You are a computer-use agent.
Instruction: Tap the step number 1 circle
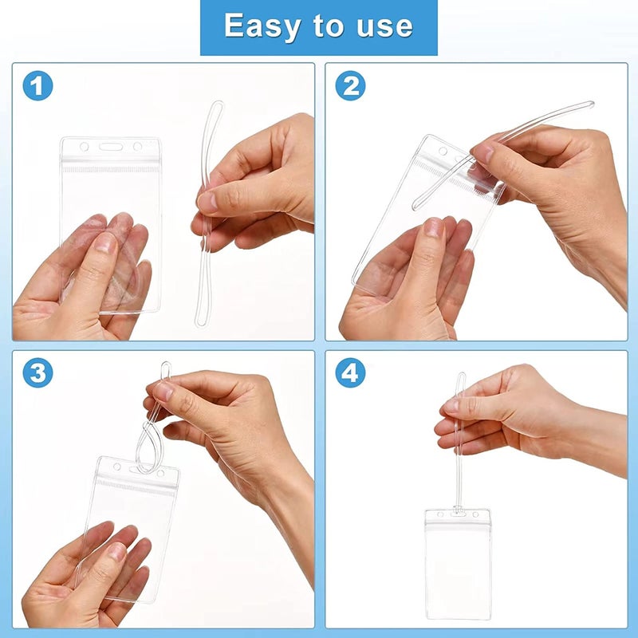tap(37, 85)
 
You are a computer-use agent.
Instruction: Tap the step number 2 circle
tap(350, 85)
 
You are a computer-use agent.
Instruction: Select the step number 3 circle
tap(37, 372)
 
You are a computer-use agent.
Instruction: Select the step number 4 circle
tap(350, 372)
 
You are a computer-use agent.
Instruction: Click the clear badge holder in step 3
tap(128, 510)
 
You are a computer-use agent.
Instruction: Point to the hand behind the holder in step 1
tap(88, 271)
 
